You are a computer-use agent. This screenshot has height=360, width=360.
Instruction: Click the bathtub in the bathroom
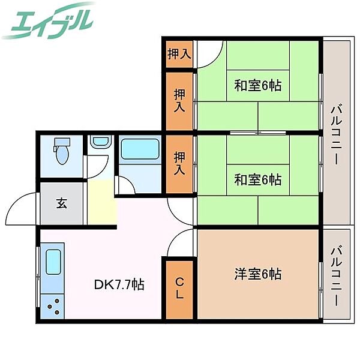tap(139, 150)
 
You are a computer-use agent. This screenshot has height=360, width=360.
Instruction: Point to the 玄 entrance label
tap(62, 202)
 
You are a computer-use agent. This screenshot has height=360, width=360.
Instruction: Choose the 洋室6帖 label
tap(257, 274)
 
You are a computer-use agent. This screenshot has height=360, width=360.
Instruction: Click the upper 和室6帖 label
tap(257, 86)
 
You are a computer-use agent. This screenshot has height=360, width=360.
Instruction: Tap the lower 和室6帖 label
tap(257, 179)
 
